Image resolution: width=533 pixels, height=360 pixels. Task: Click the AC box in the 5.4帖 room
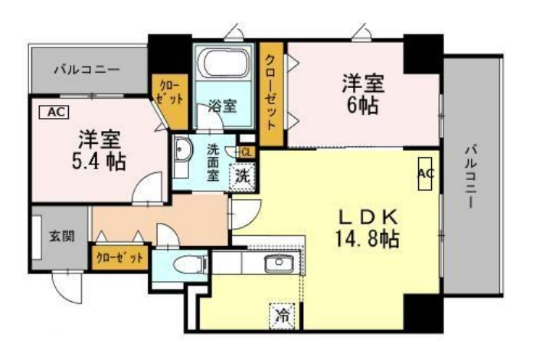(53, 112)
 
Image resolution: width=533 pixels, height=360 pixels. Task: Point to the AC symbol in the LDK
(426, 174)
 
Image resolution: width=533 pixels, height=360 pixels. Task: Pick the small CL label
(246, 152)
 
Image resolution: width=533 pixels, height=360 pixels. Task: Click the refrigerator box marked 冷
(283, 314)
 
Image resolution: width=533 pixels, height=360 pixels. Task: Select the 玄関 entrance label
(62, 237)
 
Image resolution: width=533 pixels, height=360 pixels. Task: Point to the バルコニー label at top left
(87, 70)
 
